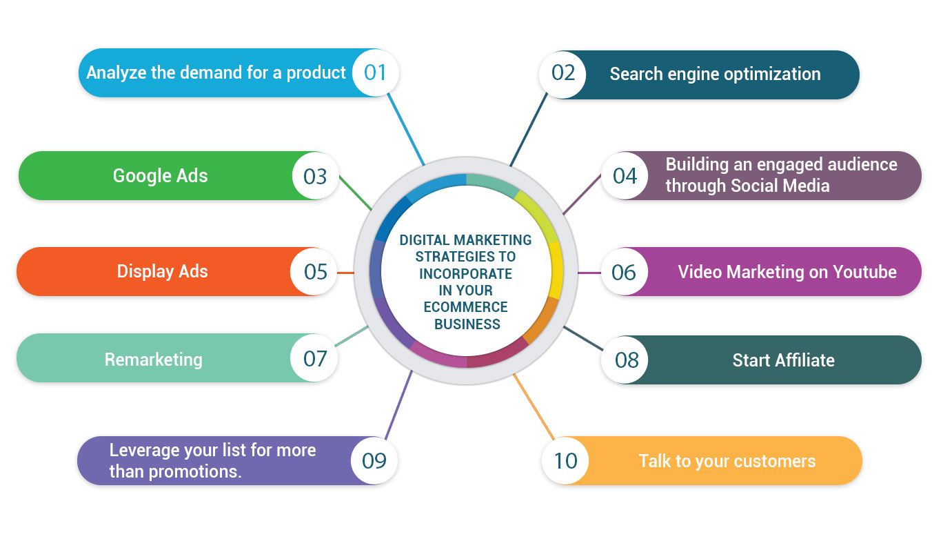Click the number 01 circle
click(x=375, y=72)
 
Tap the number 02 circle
click(x=563, y=73)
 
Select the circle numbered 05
click(x=315, y=271)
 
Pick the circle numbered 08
click(x=626, y=360)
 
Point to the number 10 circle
click(x=565, y=460)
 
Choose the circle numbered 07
click(x=314, y=358)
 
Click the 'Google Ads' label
click(x=160, y=175)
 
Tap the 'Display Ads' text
click(x=162, y=271)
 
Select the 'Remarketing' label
click(x=153, y=360)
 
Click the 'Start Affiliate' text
click(x=783, y=360)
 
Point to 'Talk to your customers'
click(x=727, y=461)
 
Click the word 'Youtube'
click(x=864, y=272)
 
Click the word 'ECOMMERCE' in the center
click(x=466, y=307)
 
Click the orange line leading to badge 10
click(x=534, y=407)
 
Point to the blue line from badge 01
click(x=406, y=128)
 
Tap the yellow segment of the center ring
click(x=556, y=269)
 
